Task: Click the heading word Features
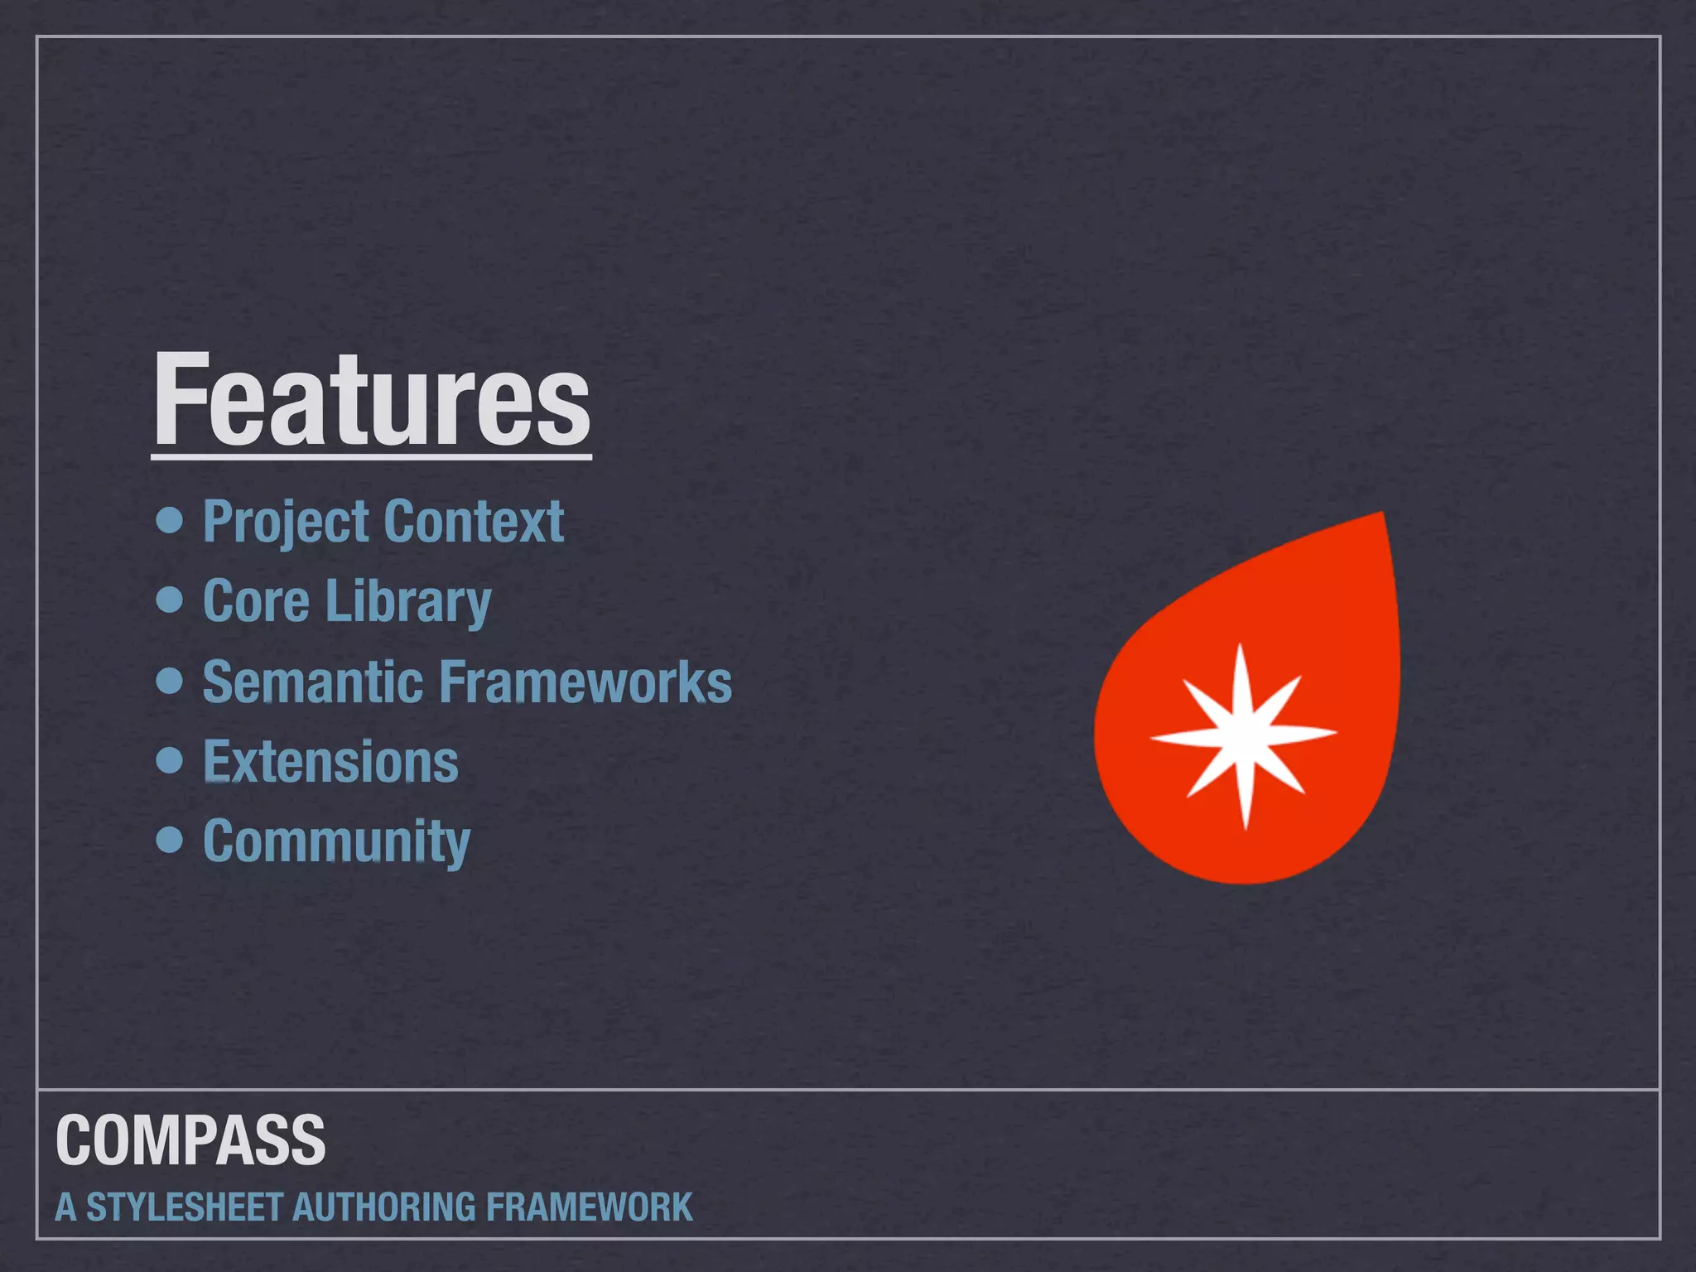tap(372, 400)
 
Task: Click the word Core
tap(255, 600)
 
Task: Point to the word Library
tap(409, 602)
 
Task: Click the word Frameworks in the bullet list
tap(585, 682)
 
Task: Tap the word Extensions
tap(330, 762)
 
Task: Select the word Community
tap(336, 841)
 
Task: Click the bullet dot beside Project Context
tap(170, 520)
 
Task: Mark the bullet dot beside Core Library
tap(170, 600)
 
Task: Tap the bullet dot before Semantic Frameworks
tap(170, 680)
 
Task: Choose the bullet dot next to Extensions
tap(170, 759)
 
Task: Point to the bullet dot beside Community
tap(170, 839)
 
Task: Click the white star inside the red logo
tap(1242, 735)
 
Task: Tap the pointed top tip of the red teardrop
tap(1380, 516)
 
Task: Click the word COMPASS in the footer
tap(190, 1140)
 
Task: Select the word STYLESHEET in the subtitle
tap(185, 1207)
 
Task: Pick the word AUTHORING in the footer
tap(383, 1207)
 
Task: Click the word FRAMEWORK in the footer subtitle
tap(589, 1207)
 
